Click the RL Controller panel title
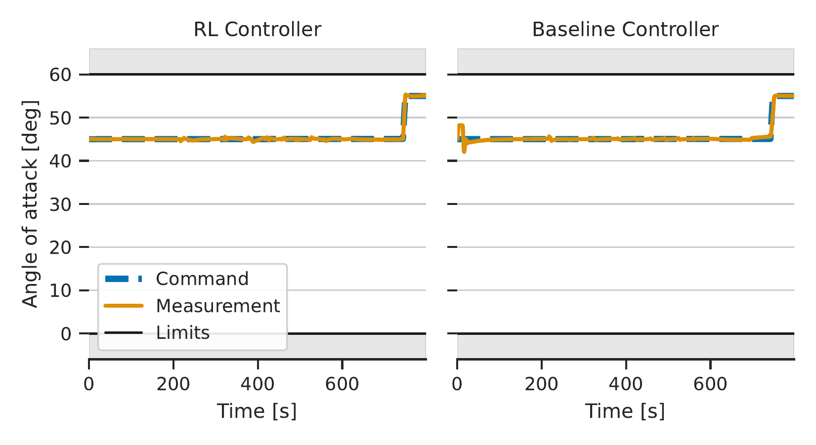pos(257,29)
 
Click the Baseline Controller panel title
pos(625,29)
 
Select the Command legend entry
pos(176,279)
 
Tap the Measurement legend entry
pos(192,306)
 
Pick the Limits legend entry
pos(157,332)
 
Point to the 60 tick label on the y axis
pos(60,75)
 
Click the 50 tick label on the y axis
pos(60,118)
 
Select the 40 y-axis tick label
pos(60,161)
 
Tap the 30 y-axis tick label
pos(60,204)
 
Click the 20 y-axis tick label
pos(60,247)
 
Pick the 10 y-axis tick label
pos(60,290)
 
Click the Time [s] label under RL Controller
pos(257,411)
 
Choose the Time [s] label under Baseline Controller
pos(625,411)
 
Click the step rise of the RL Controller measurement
pos(404,117)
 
